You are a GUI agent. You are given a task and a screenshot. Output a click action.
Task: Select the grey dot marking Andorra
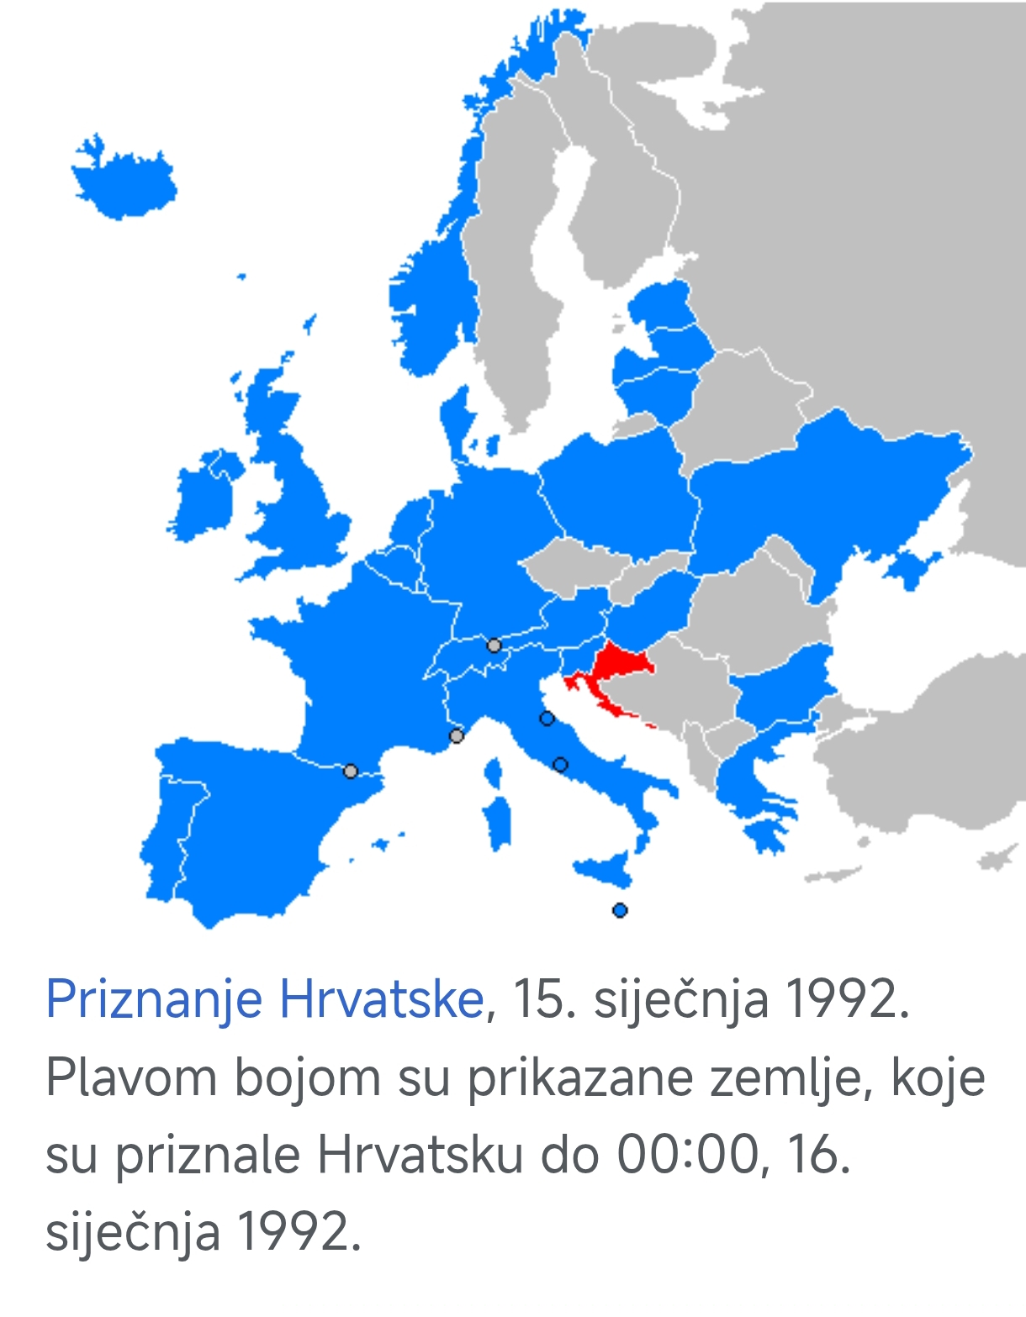(351, 771)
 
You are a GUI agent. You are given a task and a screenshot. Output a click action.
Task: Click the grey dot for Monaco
(457, 736)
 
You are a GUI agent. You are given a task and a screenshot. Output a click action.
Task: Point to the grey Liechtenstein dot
(494, 645)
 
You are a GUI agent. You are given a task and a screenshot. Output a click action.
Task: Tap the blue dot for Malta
(620, 910)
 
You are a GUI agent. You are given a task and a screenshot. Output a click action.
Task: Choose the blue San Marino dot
(547, 719)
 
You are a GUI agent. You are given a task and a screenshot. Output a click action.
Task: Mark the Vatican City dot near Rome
(561, 765)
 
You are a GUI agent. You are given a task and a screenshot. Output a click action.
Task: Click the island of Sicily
(606, 871)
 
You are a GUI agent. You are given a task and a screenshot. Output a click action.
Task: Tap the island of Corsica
(494, 772)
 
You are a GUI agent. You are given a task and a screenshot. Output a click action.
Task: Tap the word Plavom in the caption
(131, 1077)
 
